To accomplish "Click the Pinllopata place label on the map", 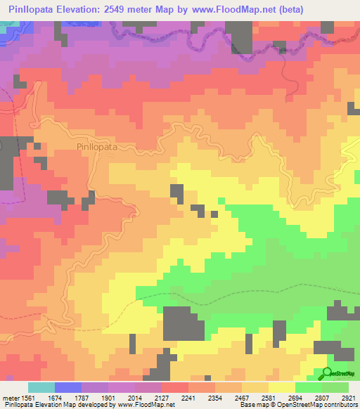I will point(97,148).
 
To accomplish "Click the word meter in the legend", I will point(11,398).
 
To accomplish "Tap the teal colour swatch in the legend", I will point(41,387).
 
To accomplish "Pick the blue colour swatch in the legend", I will point(67,387).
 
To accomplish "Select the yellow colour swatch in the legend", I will point(281,387).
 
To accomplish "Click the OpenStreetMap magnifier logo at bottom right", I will point(328,374).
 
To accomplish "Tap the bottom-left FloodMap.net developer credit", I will point(88,405).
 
